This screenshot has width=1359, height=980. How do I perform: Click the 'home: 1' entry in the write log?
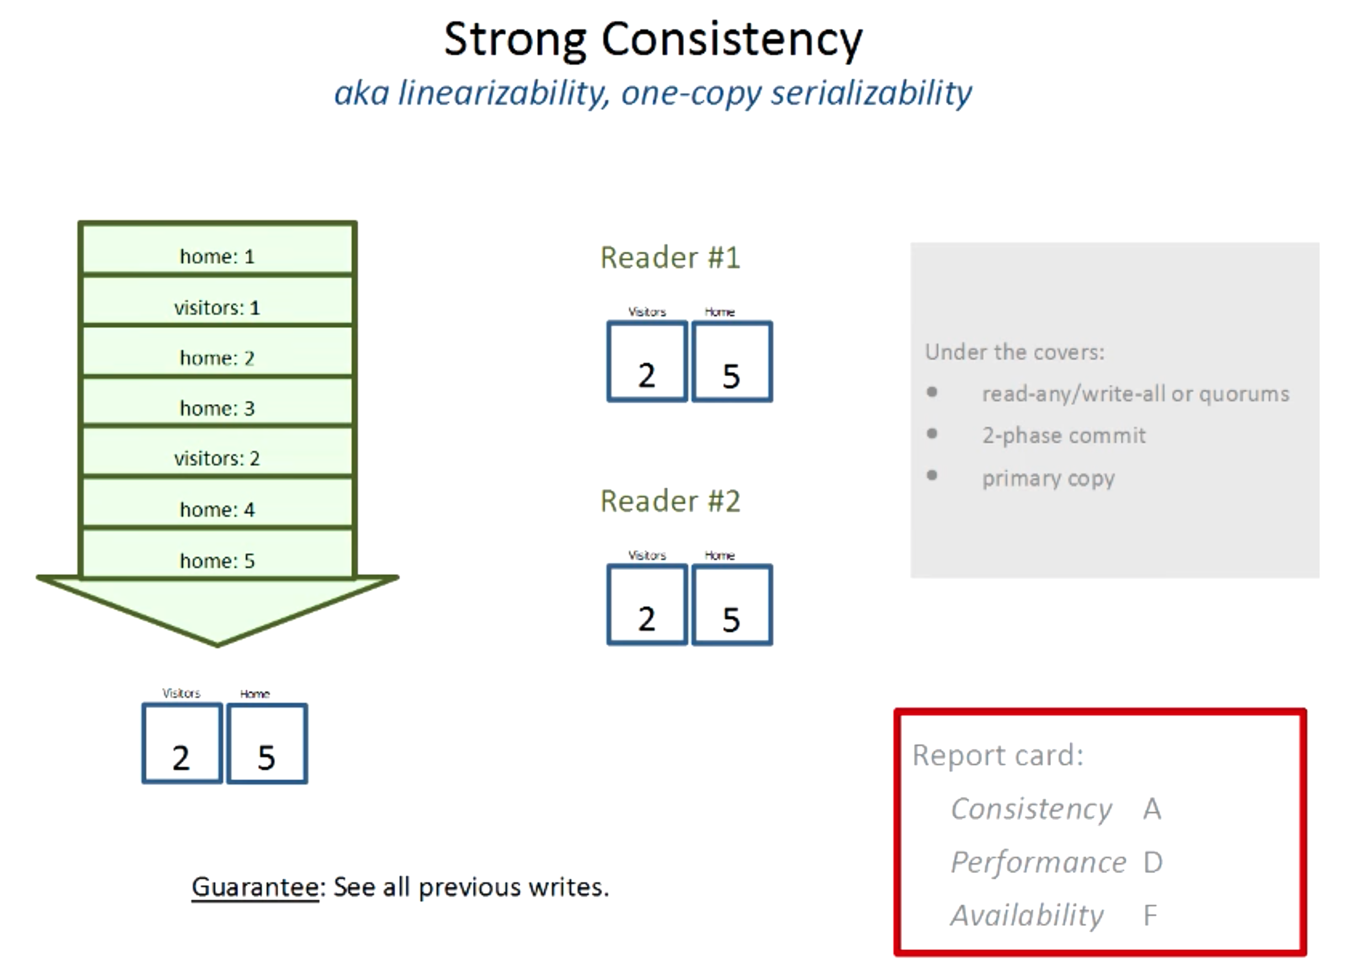pos(217,257)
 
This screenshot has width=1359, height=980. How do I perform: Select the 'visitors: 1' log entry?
pos(217,308)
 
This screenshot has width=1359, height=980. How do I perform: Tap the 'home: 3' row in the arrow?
pos(217,408)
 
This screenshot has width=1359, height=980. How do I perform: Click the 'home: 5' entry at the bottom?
pos(217,561)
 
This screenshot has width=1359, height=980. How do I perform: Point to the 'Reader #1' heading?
pos(670,258)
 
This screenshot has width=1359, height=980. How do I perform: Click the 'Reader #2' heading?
pos(670,502)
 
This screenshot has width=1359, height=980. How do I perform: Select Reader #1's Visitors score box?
pos(647,362)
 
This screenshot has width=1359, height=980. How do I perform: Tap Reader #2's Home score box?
pos(731,605)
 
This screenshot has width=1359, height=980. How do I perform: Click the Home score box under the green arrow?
pos(267,744)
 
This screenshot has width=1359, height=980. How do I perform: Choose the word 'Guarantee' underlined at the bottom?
pos(255,887)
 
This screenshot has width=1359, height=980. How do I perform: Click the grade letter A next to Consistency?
pos(1151,809)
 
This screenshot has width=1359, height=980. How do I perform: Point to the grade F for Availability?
pos(1150,915)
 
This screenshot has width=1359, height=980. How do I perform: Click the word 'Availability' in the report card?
pos(1027,915)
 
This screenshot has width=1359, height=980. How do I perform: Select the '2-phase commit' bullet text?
pos(1064,435)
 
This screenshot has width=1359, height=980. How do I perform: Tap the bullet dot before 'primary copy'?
pos(932,476)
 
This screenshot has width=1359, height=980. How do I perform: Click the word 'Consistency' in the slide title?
pos(731,40)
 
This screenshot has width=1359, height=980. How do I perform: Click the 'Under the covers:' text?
pos(1015,352)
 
